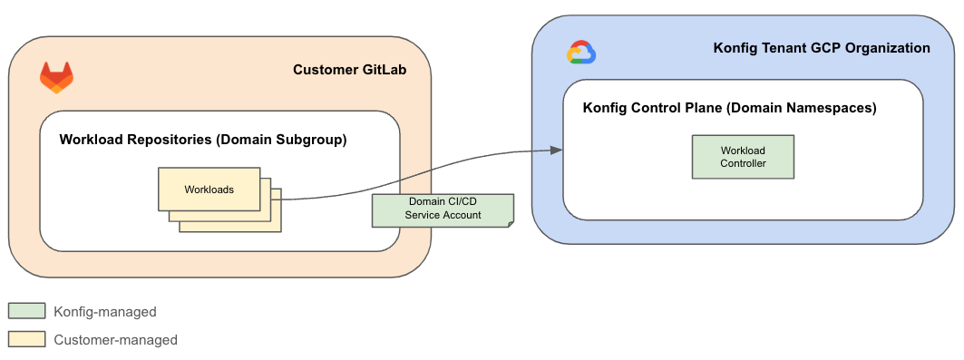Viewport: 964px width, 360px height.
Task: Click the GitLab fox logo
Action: (56, 78)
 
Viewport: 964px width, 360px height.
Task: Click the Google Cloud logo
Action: (580, 54)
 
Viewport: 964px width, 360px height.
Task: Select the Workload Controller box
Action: (743, 157)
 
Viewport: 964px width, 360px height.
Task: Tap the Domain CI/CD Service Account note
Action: (443, 209)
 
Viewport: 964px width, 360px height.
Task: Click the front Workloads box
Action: (209, 190)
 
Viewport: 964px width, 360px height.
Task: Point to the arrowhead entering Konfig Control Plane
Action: (556, 151)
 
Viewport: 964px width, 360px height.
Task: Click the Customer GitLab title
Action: (349, 71)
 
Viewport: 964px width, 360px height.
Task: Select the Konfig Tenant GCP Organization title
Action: (822, 48)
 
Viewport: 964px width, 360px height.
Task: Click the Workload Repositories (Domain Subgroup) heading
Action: (203, 140)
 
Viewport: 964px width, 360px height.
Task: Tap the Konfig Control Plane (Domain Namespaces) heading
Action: (729, 107)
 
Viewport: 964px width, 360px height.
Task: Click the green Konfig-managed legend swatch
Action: (26, 311)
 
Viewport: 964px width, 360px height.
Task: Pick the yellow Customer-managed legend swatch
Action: (26, 339)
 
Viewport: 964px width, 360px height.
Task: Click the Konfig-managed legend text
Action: (105, 312)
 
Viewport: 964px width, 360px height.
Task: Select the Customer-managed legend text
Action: (115, 340)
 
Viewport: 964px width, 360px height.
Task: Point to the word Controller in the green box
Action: (743, 163)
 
